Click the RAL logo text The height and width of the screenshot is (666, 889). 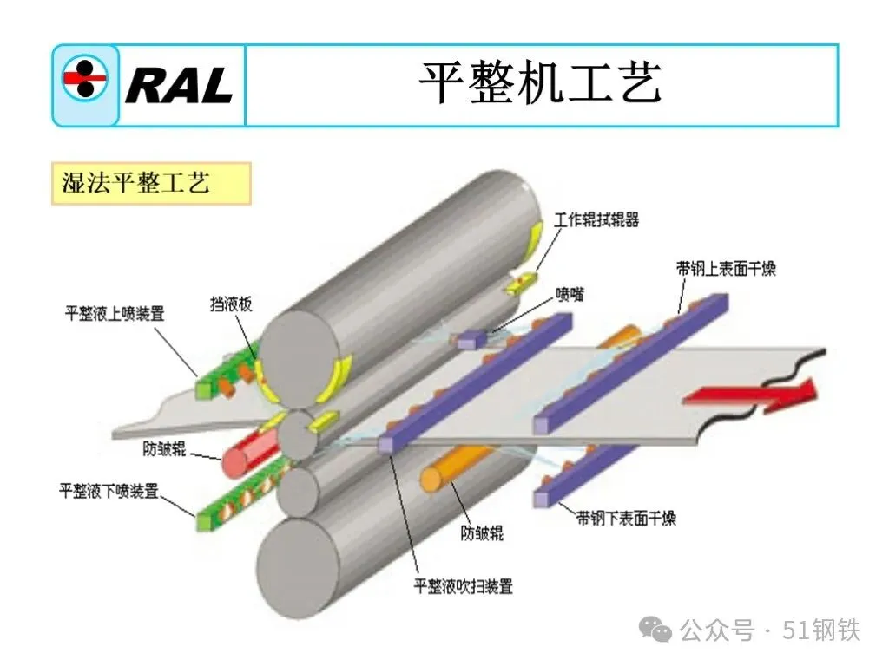(x=179, y=85)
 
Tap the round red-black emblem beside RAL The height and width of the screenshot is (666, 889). (x=84, y=79)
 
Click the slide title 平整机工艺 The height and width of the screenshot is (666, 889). (x=540, y=84)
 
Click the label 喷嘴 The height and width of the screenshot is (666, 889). (x=570, y=295)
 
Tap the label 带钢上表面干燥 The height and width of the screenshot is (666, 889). (x=726, y=269)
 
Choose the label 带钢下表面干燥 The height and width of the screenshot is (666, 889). (x=626, y=519)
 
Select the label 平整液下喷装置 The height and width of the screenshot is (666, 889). (x=109, y=492)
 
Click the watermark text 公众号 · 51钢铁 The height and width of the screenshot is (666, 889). (x=769, y=630)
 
